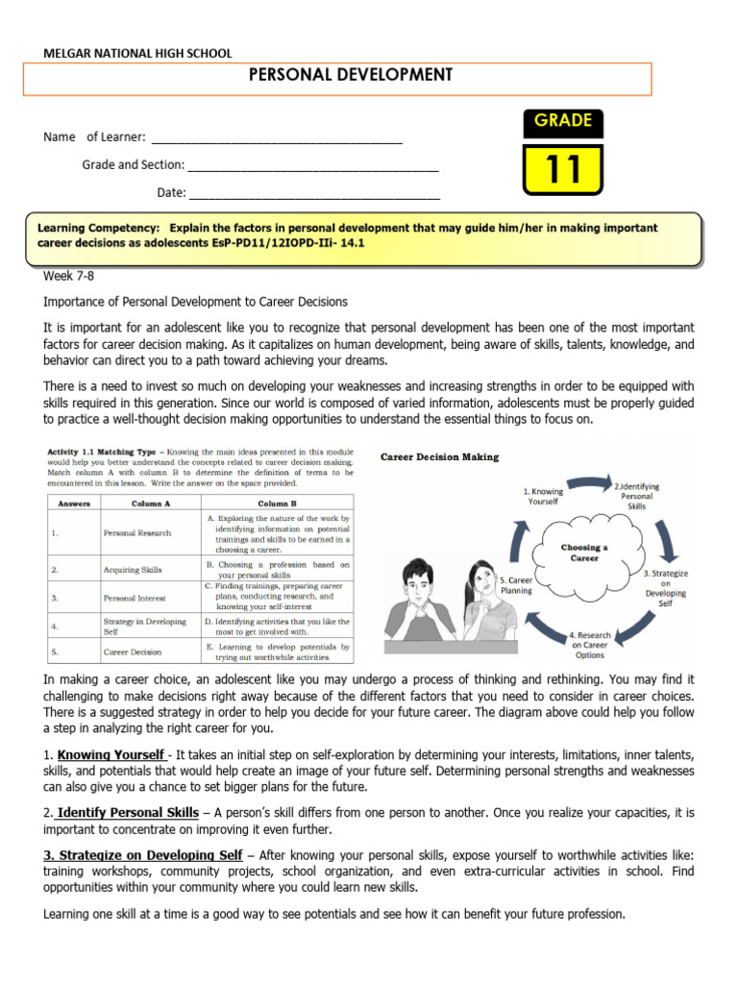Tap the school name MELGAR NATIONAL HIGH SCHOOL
click(137, 54)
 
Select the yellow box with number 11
click(563, 168)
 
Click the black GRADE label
click(563, 121)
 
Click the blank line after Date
click(314, 193)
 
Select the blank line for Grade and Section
click(313, 165)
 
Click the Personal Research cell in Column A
click(137, 532)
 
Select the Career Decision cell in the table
click(135, 651)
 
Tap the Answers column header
click(74, 503)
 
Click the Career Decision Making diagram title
click(440, 457)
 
